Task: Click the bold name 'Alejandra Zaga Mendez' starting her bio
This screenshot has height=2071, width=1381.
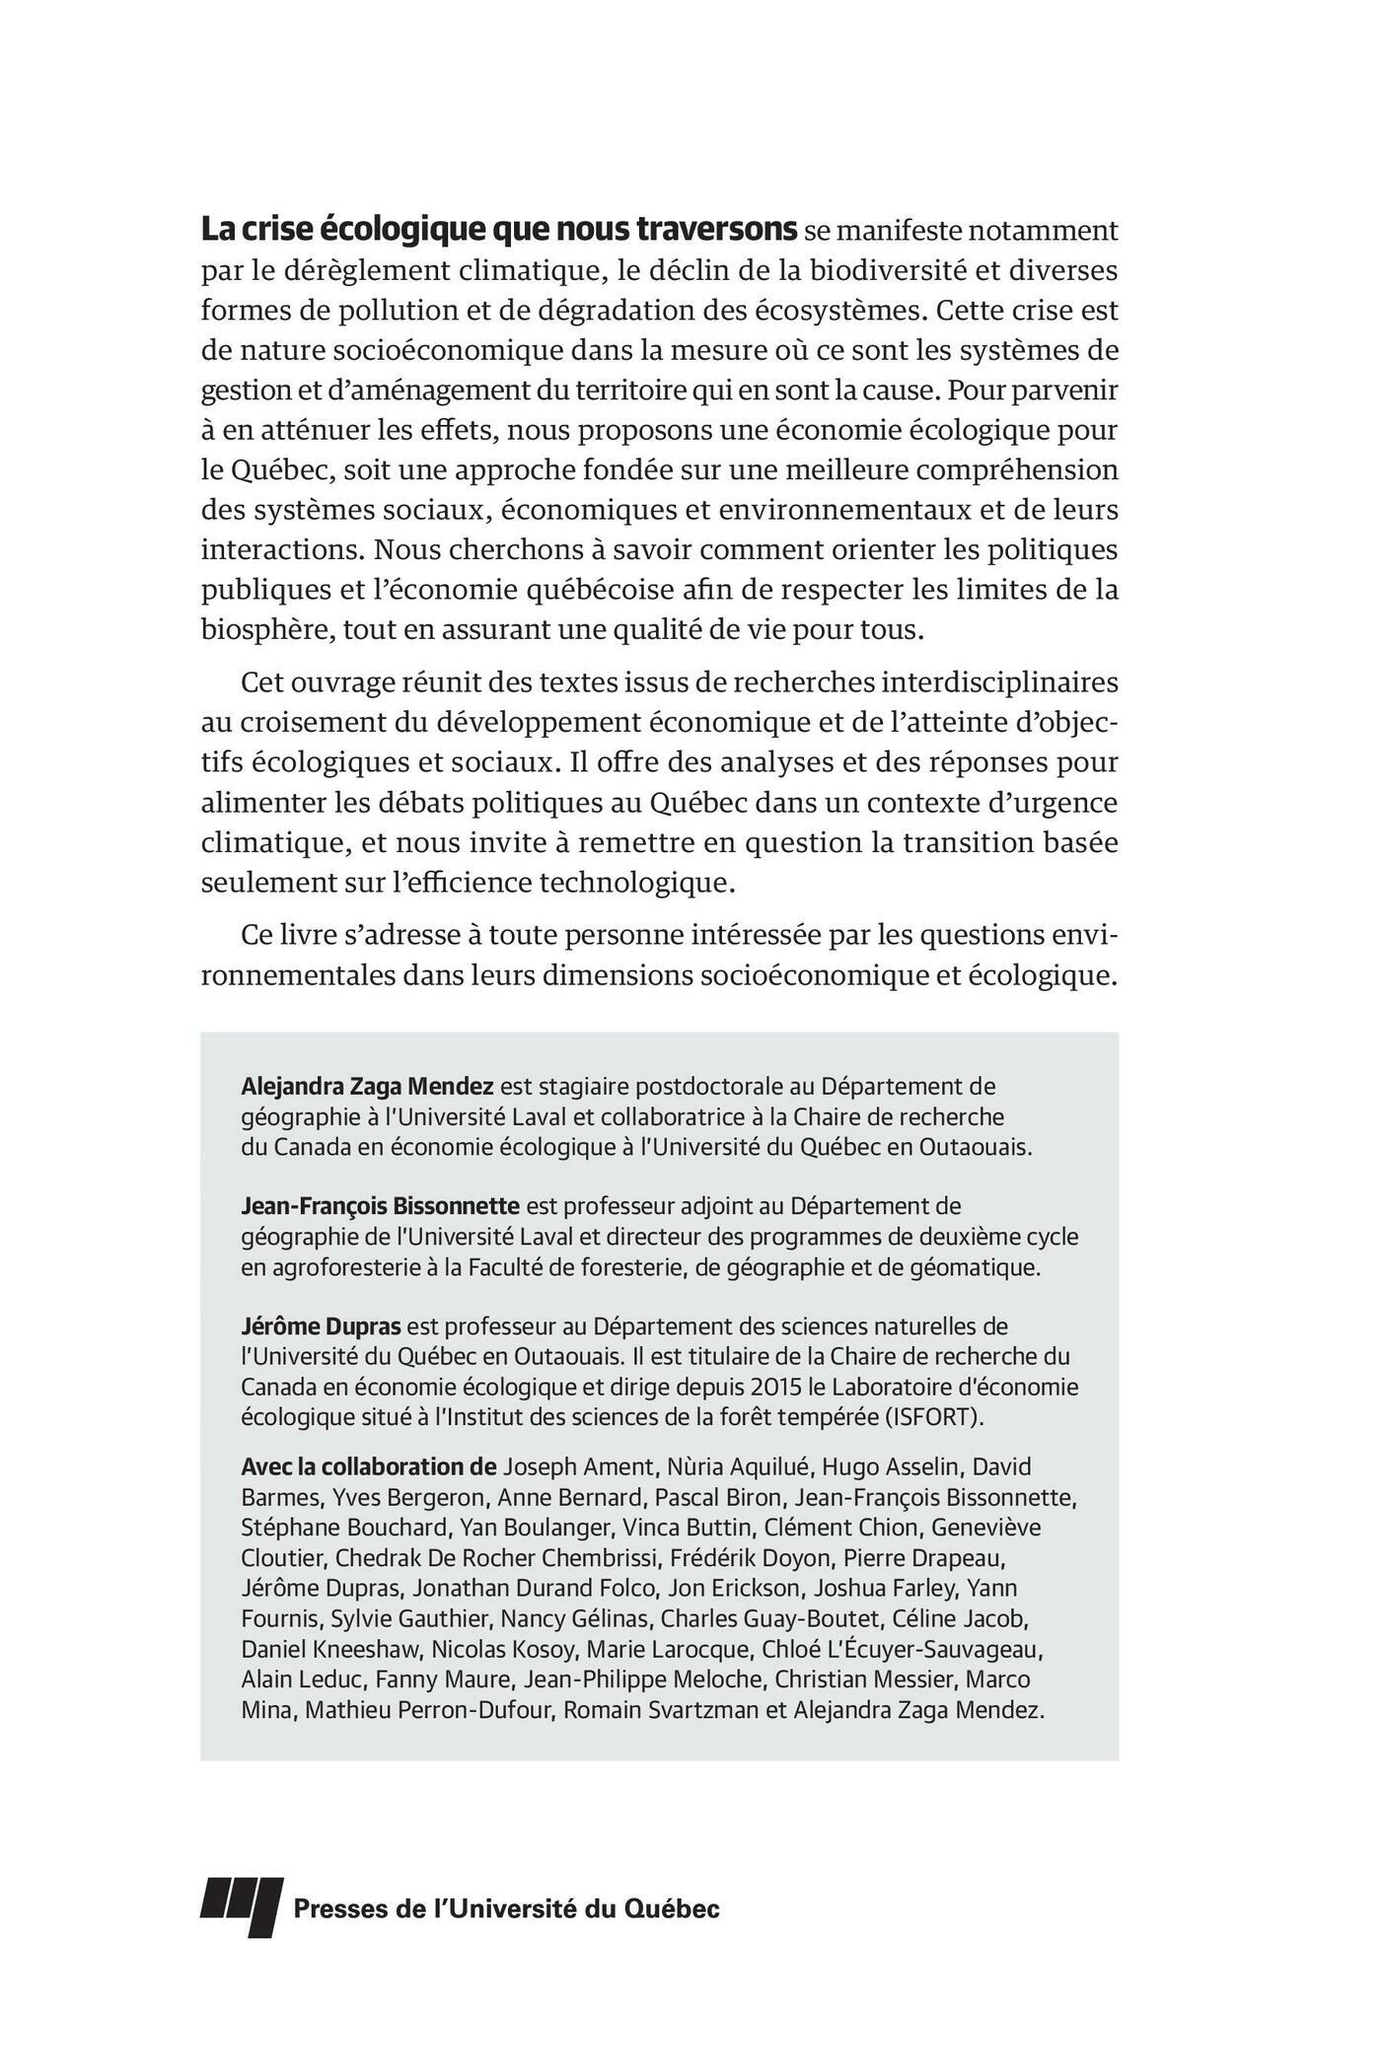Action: click(x=367, y=1087)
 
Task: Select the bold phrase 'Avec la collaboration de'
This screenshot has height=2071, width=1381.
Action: click(x=367, y=1466)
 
